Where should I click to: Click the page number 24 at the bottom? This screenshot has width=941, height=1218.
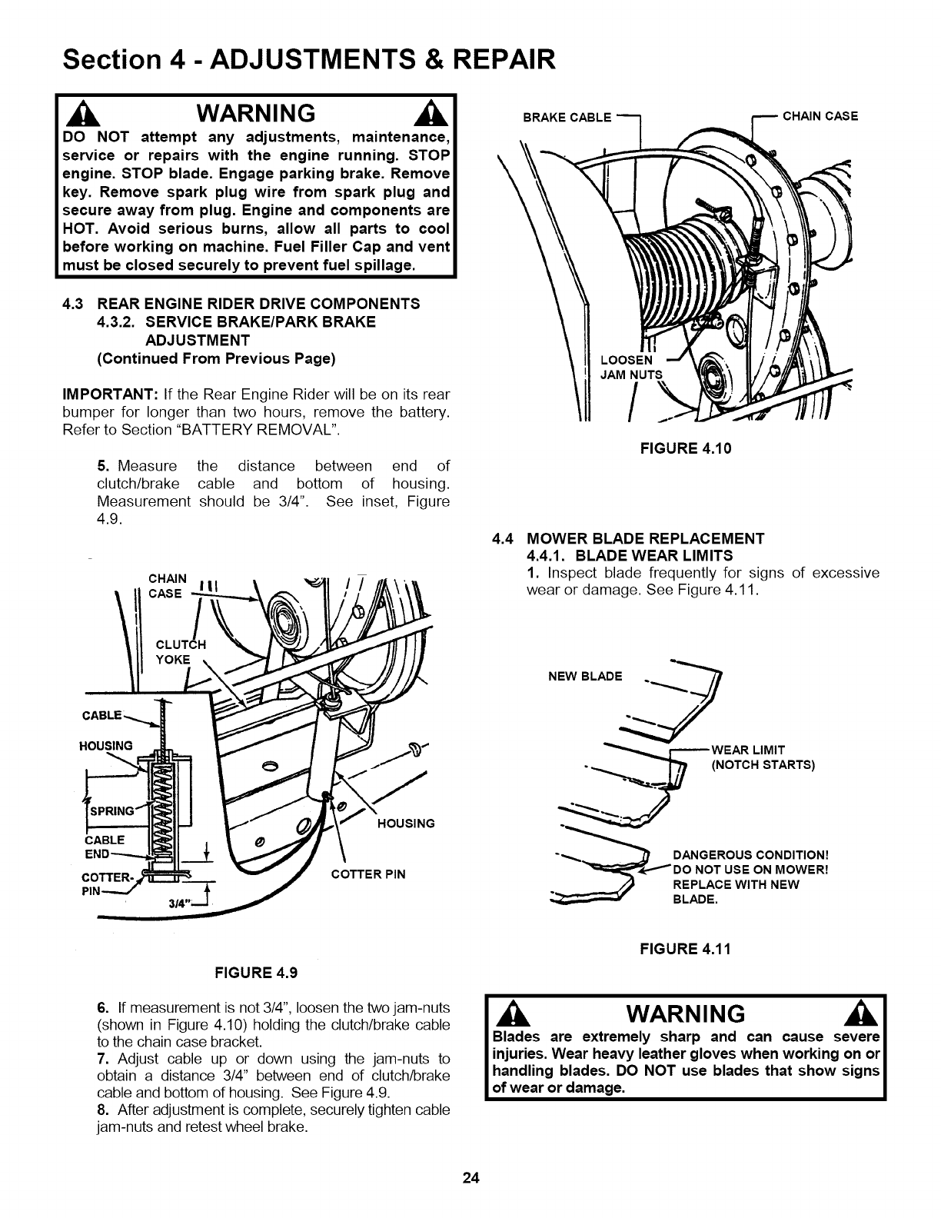[470, 1178]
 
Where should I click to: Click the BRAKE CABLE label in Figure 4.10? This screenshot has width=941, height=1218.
[567, 118]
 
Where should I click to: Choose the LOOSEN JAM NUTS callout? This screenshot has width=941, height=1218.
[630, 368]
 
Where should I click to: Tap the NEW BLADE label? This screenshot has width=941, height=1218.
[585, 677]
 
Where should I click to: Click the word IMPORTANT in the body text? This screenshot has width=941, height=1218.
[108, 394]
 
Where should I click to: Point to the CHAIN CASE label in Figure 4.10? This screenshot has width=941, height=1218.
[820, 116]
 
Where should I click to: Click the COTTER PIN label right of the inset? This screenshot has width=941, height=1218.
[367, 874]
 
